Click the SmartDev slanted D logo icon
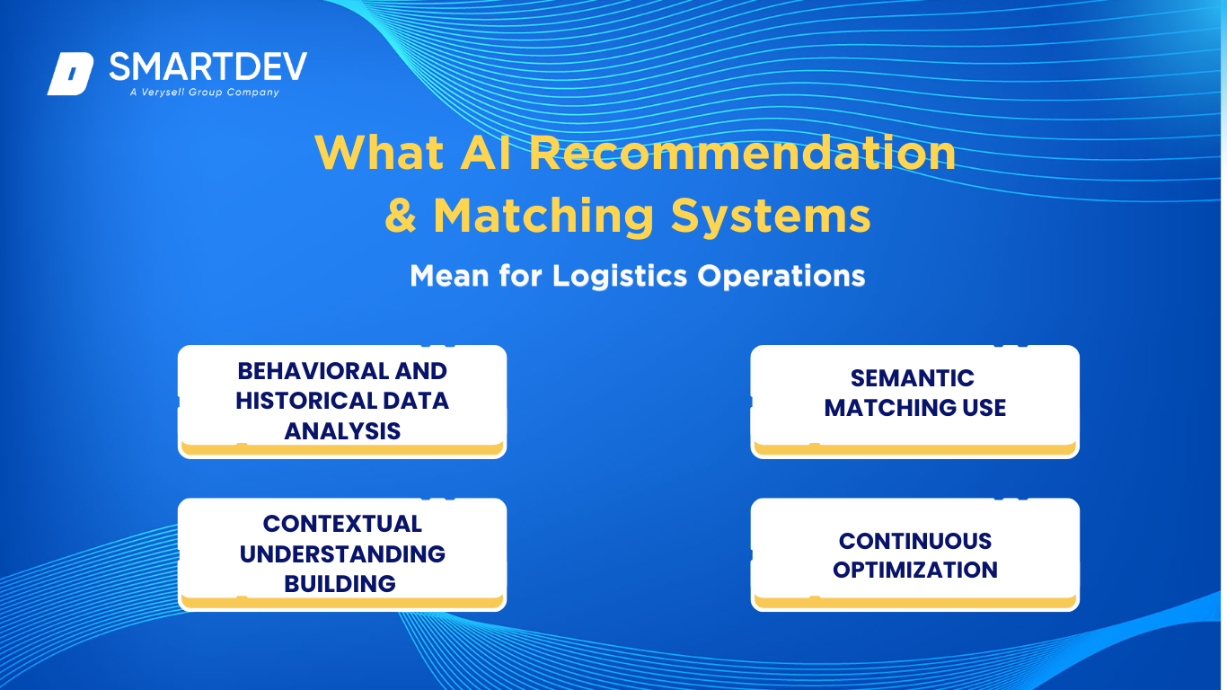(71, 74)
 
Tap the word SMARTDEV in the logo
(208, 66)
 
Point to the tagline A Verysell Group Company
(205, 92)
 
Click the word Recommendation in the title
(742, 153)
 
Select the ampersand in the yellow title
(401, 216)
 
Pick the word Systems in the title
(771, 217)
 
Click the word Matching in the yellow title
(543, 217)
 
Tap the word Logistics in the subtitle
(620, 276)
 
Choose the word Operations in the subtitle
(781, 277)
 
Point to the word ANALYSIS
(342, 431)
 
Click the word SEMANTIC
(912, 379)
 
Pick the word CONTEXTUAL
(342, 524)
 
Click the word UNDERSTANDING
(342, 554)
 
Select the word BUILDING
(340, 584)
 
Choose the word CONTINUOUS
(914, 542)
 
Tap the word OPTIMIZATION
(914, 570)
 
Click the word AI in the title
(485, 153)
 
